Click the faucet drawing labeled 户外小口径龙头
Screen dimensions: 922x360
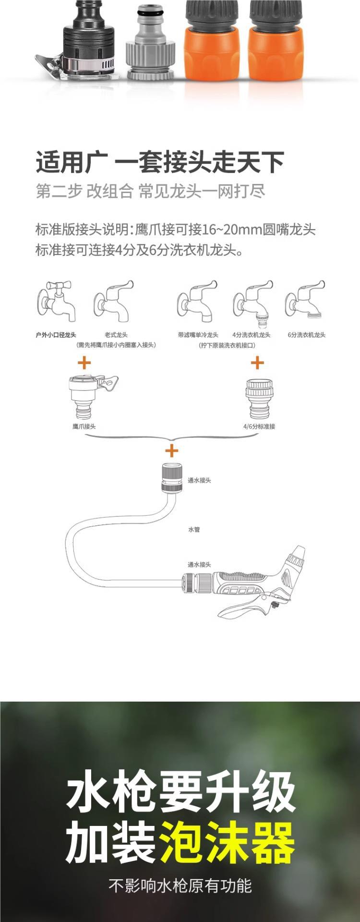[x=57, y=301]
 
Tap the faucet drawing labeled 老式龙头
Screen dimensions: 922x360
[x=113, y=301]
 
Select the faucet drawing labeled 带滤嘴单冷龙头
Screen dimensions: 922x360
[x=197, y=301]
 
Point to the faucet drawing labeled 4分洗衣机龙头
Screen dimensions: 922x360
[x=252, y=301]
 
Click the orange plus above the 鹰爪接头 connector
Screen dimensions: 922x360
[x=84, y=362]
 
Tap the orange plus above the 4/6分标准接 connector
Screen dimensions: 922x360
[x=257, y=362]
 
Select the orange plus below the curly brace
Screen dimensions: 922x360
[x=171, y=450]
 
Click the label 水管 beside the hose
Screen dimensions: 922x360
[x=193, y=530]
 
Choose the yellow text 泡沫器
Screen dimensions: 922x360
[x=228, y=843]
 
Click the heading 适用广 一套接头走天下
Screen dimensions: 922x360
[x=160, y=162]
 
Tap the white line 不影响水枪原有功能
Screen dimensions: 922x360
[x=180, y=886]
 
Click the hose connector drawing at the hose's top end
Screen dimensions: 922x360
[x=172, y=477]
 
